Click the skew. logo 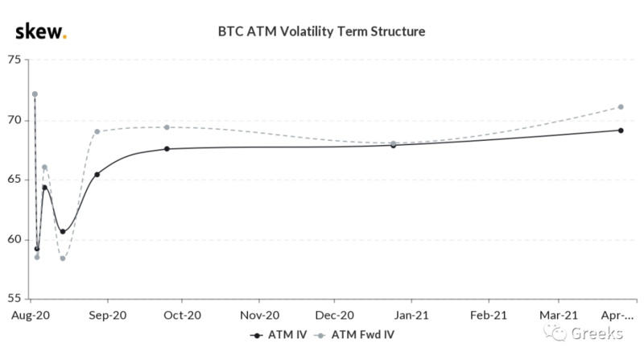click(41, 32)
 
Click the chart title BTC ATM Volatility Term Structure click(321, 32)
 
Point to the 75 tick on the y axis click(16, 60)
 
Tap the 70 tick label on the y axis click(16, 121)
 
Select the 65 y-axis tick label click(16, 180)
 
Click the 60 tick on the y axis click(16, 239)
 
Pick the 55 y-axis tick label click(16, 298)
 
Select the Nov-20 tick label click(260, 315)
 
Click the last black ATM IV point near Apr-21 click(621, 130)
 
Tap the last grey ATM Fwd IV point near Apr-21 click(621, 107)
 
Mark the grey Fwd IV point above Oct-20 click(167, 127)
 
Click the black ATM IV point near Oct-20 click(167, 149)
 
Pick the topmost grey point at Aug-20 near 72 click(35, 94)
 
